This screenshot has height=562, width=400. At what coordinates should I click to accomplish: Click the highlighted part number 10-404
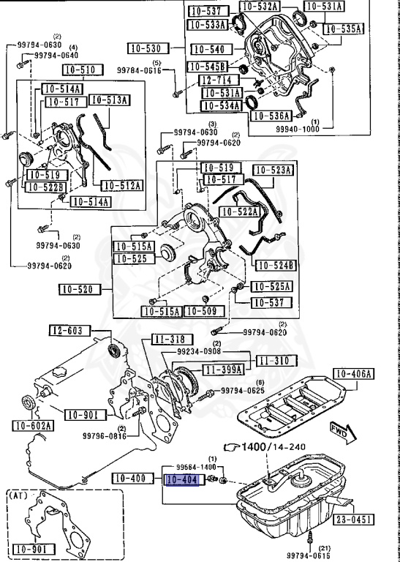point(181,481)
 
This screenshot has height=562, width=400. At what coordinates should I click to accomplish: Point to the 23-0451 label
point(355,520)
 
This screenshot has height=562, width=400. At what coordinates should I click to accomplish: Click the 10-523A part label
point(273,170)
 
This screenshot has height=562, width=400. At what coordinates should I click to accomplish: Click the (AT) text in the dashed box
point(19,495)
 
